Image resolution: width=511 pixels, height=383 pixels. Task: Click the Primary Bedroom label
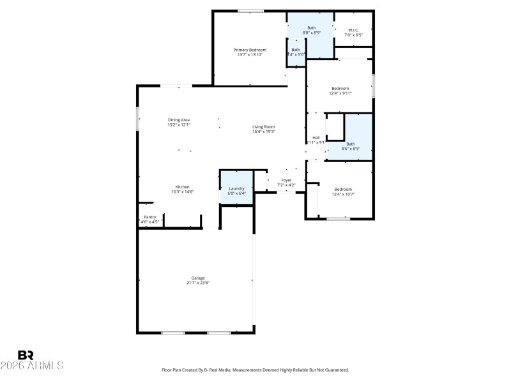click(249, 50)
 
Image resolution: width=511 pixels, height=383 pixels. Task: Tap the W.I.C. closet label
click(354, 30)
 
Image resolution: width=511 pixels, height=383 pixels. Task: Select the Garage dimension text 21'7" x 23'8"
click(198, 283)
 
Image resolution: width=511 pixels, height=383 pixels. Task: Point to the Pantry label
click(150, 217)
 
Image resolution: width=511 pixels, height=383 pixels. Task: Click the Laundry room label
click(237, 188)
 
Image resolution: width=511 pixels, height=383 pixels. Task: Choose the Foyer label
click(287, 180)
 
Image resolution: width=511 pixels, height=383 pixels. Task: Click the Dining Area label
click(179, 120)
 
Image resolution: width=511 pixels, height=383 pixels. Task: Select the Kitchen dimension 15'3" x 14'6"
click(182, 191)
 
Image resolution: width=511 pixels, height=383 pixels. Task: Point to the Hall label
click(316, 137)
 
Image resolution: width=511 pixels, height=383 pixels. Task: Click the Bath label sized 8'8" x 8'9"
click(312, 27)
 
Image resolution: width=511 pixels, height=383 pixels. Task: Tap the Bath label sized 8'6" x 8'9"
click(351, 144)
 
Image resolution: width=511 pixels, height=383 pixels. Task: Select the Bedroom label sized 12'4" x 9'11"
click(340, 88)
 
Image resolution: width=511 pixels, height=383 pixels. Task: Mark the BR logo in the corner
click(26, 355)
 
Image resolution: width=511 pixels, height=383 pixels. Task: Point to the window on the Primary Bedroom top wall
click(251, 11)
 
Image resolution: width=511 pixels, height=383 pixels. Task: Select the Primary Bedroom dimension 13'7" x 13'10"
click(249, 55)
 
